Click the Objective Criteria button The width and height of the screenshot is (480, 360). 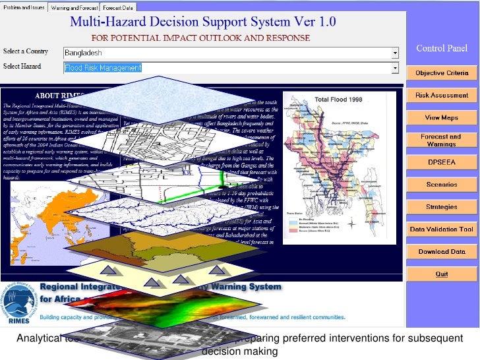click(441, 73)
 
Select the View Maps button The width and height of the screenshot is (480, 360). click(441, 117)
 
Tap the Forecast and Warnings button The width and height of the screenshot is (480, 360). click(441, 140)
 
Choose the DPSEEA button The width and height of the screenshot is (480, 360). click(441, 162)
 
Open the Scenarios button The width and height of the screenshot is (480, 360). click(441, 185)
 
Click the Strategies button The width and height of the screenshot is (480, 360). click(441, 207)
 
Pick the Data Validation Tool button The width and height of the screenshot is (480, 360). click(441, 229)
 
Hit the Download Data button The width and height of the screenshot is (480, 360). click(441, 252)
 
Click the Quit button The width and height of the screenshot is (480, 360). click(441, 274)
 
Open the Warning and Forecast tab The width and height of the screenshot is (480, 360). click(71, 7)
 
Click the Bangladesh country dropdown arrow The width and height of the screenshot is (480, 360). click(395, 52)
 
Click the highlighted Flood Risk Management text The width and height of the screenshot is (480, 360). click(103, 68)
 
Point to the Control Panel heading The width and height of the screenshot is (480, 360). click(441, 49)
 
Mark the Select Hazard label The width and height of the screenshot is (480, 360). click(22, 67)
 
